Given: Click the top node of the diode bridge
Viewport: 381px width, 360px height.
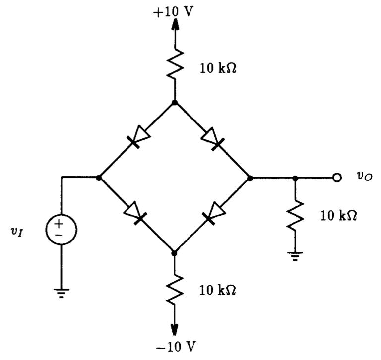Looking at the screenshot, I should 174,103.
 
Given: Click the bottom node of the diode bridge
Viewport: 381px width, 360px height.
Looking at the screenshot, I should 174,253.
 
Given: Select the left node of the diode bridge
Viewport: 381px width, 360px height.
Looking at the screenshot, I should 99,178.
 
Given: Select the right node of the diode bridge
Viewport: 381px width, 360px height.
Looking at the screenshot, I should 250,178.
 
